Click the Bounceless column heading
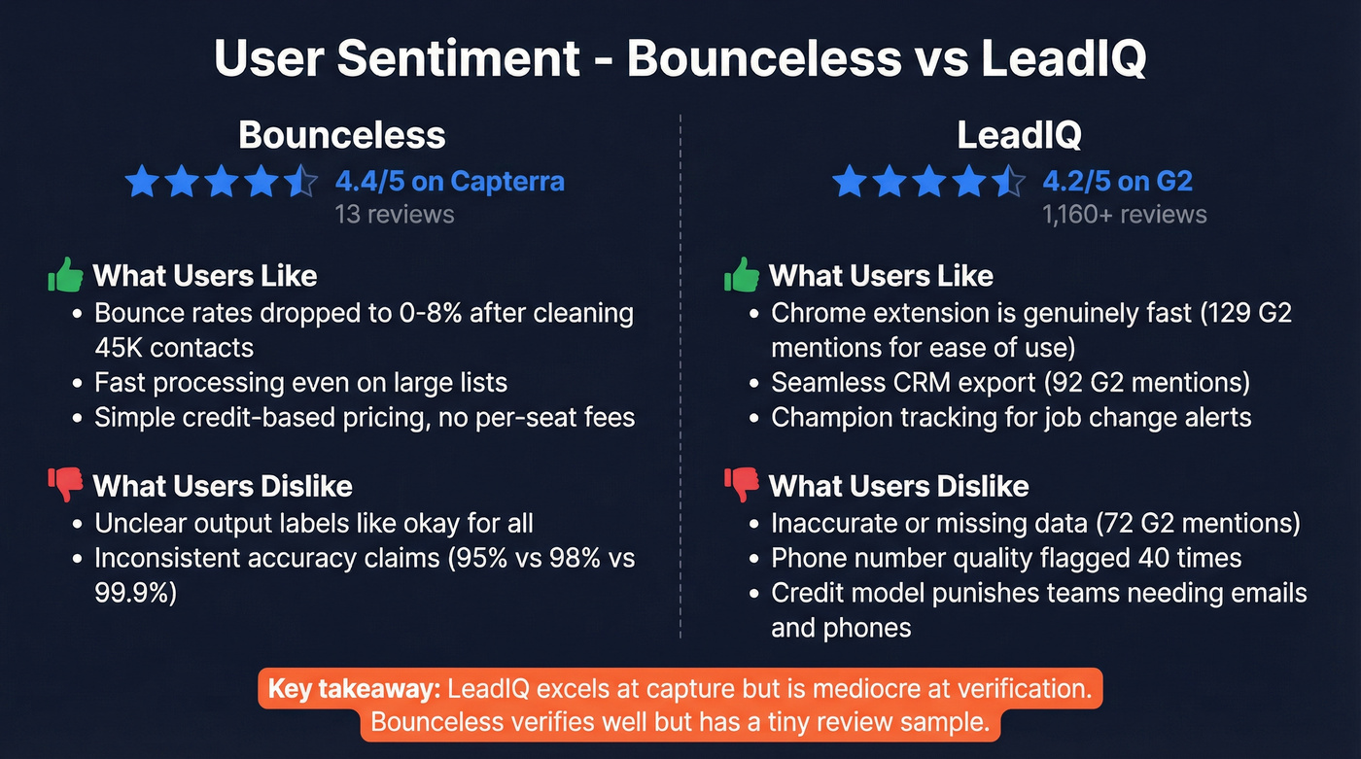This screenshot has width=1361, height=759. click(342, 135)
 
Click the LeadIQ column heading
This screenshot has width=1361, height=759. click(1019, 135)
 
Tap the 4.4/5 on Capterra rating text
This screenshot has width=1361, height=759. click(449, 181)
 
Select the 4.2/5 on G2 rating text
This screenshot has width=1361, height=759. click(1117, 181)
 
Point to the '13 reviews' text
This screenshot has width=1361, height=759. click(394, 214)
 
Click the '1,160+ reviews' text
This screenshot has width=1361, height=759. click(1124, 214)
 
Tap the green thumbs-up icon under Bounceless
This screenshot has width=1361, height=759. click(66, 275)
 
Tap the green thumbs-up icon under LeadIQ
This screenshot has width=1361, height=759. click(742, 275)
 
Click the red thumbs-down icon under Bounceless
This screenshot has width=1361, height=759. click(66, 485)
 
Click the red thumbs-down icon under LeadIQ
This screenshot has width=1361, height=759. click(742, 485)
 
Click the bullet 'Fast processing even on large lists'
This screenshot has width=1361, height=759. click(300, 383)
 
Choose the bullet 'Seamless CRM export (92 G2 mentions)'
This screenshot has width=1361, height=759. click(1010, 383)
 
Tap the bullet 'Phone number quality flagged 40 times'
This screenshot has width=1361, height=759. click(1006, 558)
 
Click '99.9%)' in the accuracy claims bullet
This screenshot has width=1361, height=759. click(135, 593)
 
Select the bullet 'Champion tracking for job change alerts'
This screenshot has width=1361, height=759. click(1011, 418)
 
